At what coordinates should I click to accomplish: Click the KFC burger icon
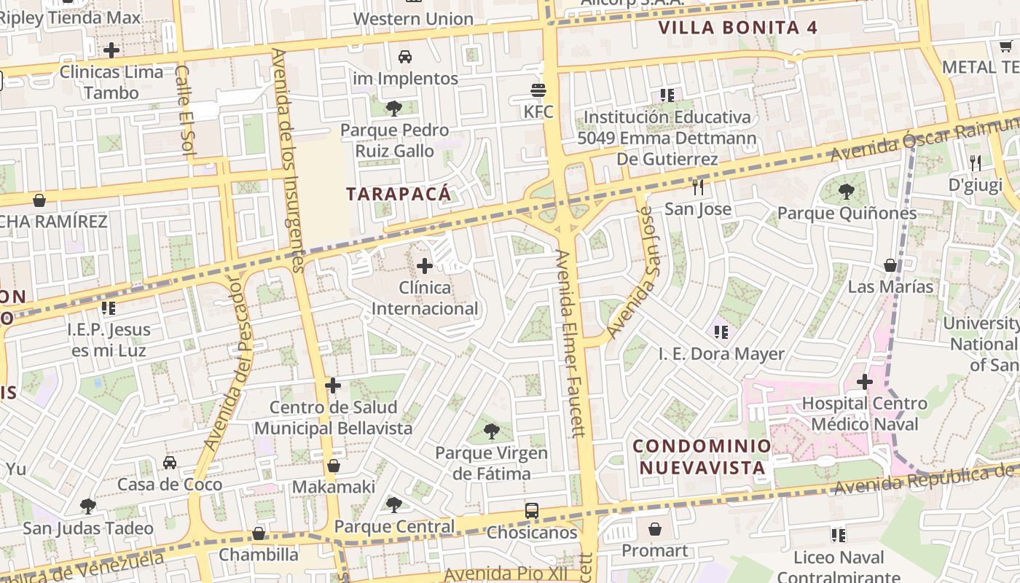tap(538, 90)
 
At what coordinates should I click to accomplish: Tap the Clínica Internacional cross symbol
tap(425, 266)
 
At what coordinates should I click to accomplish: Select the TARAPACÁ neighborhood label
tap(399, 194)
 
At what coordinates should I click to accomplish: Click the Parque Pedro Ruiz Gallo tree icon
tap(394, 109)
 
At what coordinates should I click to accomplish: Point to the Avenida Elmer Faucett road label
tap(570, 343)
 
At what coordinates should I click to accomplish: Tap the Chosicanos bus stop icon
tap(532, 511)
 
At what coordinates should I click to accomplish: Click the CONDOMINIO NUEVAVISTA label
tap(702, 456)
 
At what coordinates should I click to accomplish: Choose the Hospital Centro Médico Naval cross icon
tap(865, 381)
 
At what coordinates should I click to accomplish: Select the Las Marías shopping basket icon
tap(890, 265)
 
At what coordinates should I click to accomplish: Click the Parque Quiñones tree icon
tap(847, 192)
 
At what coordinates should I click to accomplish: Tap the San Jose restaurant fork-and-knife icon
tap(698, 187)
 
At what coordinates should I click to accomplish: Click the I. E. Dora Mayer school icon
tap(721, 332)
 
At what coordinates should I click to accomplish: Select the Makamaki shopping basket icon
tap(334, 466)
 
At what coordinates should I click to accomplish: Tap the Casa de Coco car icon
tap(170, 463)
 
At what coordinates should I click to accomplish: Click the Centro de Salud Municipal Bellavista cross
tap(333, 385)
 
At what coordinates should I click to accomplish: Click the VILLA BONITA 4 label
tap(737, 28)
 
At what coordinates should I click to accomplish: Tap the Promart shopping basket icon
tap(655, 529)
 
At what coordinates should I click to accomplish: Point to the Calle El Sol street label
tap(183, 109)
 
